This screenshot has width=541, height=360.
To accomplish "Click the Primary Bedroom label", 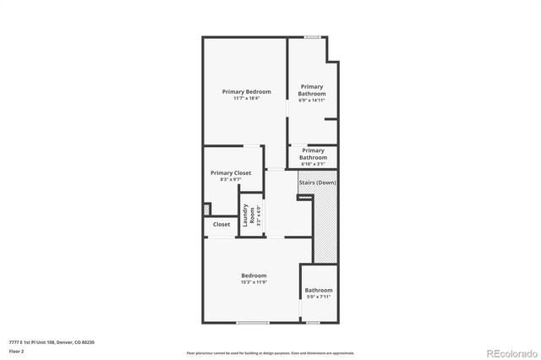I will [246, 91].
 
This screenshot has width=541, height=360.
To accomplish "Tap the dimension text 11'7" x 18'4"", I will [246, 99].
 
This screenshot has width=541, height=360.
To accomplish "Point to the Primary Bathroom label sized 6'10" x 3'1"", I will [313, 154].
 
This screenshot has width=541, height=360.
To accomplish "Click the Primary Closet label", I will [231, 172].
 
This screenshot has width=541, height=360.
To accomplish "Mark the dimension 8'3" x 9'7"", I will [231, 179].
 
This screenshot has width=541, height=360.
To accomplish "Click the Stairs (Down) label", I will [317, 183].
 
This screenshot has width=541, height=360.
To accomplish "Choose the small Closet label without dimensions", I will [221, 225].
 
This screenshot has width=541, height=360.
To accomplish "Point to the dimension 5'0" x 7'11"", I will [319, 297].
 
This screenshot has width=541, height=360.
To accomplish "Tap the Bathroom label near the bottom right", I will [319, 291].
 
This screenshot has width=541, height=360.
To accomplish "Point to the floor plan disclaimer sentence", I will [270, 352].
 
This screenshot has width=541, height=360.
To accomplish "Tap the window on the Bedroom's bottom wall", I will [253, 323].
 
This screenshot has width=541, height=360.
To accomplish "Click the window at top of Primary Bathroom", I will [313, 36].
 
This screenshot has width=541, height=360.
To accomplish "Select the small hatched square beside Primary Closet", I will [205, 209].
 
